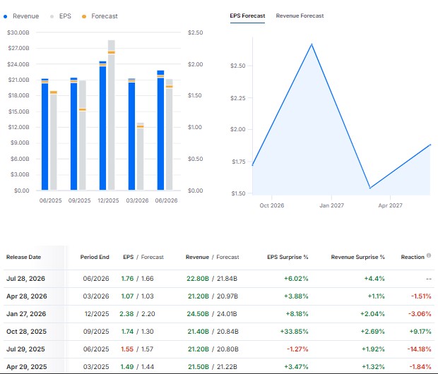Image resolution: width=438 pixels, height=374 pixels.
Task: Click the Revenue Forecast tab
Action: (300, 16)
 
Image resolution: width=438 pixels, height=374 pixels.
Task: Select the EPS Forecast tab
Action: (247, 16)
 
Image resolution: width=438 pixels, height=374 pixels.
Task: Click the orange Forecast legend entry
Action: (100, 16)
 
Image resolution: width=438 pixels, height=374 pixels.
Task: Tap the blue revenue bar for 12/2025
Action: (103, 126)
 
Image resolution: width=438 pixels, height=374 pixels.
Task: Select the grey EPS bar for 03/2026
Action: (140, 156)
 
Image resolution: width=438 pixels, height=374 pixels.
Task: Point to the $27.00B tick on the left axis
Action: (18, 48)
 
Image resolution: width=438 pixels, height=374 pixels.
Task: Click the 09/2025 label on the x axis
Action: (79, 200)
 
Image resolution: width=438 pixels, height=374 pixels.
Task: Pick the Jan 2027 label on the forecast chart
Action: (331, 205)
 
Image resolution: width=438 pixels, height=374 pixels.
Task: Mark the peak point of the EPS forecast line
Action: (312, 44)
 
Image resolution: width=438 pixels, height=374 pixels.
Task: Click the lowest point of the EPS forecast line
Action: (370, 188)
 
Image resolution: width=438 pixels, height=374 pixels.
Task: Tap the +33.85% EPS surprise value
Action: (294, 332)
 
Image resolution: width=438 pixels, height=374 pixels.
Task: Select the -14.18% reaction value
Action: (419, 349)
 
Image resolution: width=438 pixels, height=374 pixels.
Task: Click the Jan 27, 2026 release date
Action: (26, 314)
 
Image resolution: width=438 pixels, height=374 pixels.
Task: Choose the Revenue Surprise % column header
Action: (358, 257)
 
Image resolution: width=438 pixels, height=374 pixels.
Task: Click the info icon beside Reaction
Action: (429, 255)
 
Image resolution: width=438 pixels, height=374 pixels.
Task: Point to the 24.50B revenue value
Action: (198, 314)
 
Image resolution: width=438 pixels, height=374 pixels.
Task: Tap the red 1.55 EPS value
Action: (127, 349)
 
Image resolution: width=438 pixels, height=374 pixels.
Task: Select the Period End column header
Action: (95, 257)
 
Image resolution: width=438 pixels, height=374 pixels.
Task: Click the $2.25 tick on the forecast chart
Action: (237, 98)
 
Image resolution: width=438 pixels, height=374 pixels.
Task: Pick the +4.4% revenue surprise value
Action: (374, 279)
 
